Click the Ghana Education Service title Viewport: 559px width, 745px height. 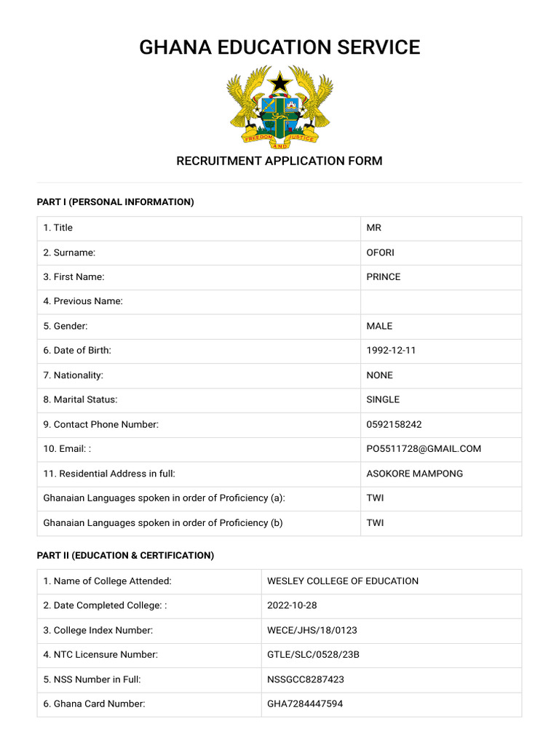(x=279, y=47)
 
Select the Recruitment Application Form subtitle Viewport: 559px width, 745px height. (x=279, y=161)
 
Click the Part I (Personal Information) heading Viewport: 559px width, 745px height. (x=116, y=202)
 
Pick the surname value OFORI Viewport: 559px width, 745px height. (x=381, y=252)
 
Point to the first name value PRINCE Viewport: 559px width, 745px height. (x=384, y=277)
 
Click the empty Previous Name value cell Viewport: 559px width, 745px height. (x=441, y=301)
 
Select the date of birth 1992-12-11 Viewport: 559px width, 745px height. (x=391, y=351)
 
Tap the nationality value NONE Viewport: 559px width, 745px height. (x=379, y=375)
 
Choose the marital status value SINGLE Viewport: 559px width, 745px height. (x=383, y=399)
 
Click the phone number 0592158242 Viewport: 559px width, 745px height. (x=394, y=424)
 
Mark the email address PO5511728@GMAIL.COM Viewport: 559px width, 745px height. (x=424, y=449)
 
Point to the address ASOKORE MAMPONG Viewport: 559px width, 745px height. (x=414, y=474)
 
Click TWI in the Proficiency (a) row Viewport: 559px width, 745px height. (x=375, y=498)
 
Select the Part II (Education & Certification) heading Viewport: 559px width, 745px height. (x=125, y=555)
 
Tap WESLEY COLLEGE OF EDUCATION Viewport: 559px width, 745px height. (x=343, y=581)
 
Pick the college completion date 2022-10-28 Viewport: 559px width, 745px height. (x=292, y=605)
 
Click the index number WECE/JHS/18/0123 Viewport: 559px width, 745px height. (x=312, y=630)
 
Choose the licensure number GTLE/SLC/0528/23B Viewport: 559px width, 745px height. (x=313, y=655)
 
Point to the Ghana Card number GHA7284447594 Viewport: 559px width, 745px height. (x=305, y=704)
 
